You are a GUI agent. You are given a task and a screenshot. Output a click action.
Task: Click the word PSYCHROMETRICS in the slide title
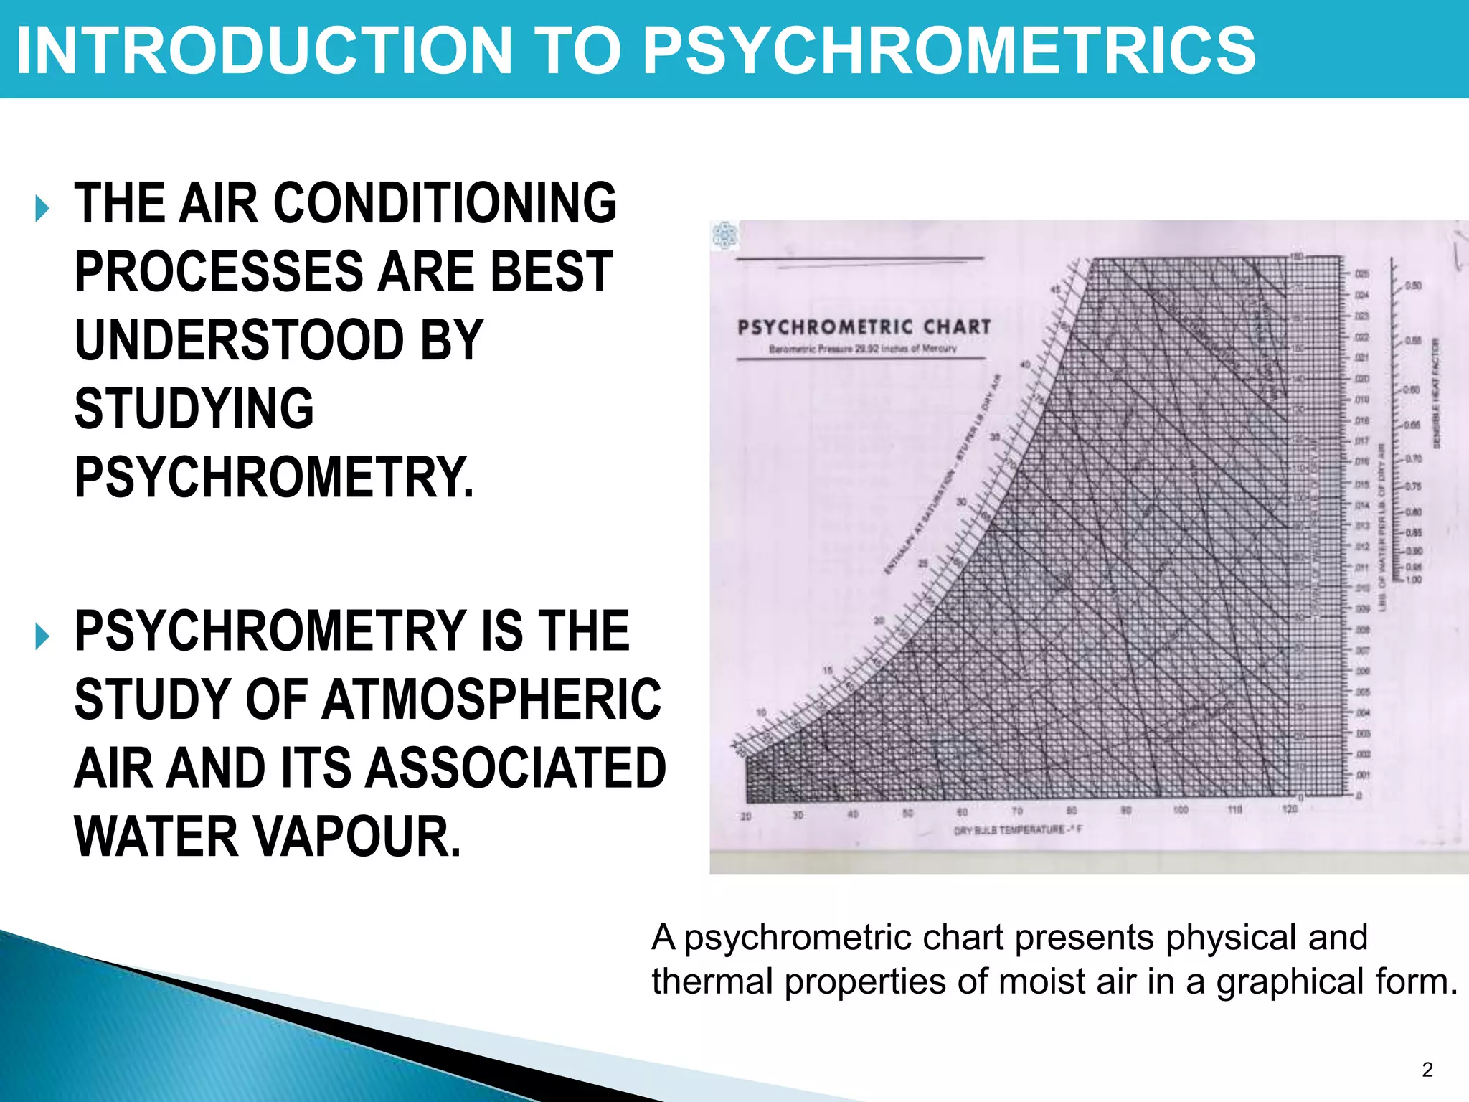click(949, 50)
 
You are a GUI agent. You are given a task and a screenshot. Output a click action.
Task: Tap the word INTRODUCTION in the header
click(264, 50)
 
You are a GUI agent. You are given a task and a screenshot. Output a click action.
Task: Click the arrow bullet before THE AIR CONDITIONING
click(42, 209)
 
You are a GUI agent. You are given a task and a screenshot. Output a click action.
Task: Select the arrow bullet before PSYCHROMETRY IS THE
click(42, 636)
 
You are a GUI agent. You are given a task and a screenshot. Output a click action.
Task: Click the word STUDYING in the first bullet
click(194, 409)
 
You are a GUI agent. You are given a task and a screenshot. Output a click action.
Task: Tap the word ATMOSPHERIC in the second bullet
click(491, 700)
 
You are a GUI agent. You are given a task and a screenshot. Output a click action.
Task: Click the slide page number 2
click(1427, 1070)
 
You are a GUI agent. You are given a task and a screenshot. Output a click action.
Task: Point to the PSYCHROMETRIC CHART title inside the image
click(864, 327)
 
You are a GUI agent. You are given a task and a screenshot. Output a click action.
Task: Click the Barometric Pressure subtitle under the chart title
click(863, 349)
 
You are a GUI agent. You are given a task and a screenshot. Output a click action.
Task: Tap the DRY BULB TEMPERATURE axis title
click(1017, 830)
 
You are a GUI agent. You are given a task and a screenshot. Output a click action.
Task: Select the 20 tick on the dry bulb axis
click(746, 816)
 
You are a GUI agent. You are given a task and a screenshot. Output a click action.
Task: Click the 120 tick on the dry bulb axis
click(1289, 809)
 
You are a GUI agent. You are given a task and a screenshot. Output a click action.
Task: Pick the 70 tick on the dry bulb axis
click(1016, 811)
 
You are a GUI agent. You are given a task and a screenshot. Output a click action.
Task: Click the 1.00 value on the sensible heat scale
click(1413, 580)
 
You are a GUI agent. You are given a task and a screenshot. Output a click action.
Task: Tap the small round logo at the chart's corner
click(724, 235)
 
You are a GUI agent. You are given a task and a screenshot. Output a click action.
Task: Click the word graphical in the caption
click(1284, 981)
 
